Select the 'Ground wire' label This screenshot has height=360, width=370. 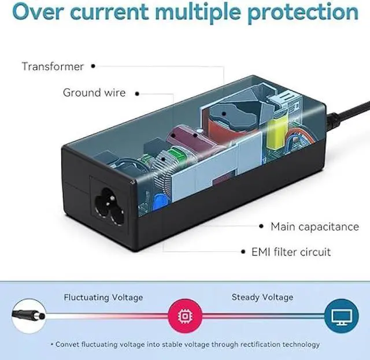(x=94, y=92)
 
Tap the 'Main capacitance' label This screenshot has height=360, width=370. (x=314, y=227)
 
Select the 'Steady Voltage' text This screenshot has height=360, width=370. (x=262, y=297)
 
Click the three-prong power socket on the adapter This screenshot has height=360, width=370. (x=108, y=200)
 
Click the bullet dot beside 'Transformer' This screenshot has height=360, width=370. (x=93, y=66)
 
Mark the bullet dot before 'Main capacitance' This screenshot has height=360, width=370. (x=262, y=227)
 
